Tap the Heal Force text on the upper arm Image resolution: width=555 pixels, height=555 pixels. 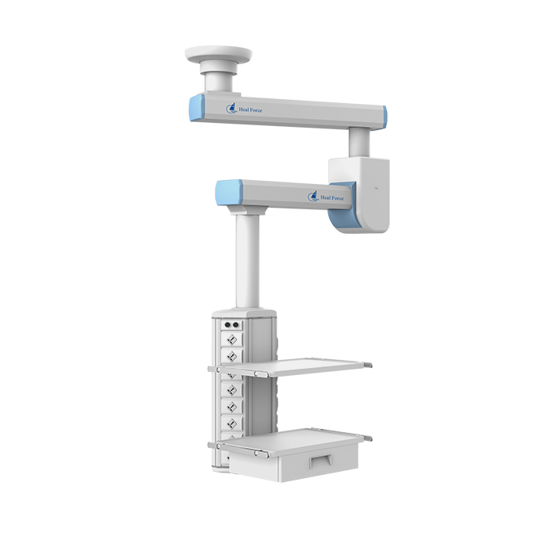point(251,110)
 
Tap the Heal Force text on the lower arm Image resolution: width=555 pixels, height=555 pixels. point(332,198)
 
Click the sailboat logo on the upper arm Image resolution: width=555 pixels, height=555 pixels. point(232,109)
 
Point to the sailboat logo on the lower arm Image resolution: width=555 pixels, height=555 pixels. point(313,197)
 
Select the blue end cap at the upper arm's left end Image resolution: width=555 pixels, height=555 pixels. point(197,108)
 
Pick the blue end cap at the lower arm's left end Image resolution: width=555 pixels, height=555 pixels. point(228,192)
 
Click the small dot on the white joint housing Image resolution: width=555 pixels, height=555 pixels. point(377,188)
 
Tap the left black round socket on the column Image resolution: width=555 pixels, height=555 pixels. point(228,324)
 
